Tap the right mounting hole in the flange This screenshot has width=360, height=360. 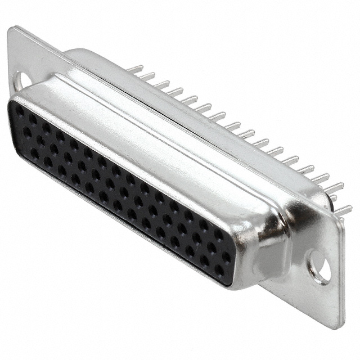tap(321, 266)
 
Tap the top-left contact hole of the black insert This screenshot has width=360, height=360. tap(20, 112)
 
